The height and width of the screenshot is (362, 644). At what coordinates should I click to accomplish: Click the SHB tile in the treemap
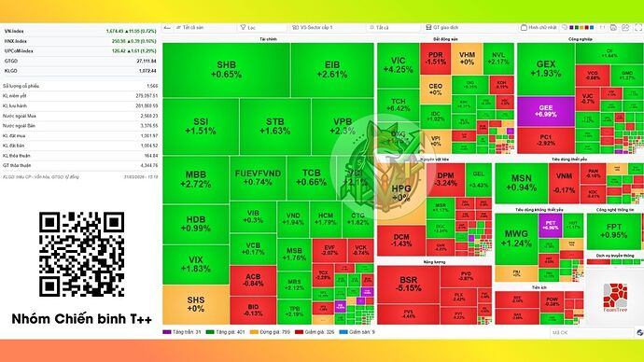227,68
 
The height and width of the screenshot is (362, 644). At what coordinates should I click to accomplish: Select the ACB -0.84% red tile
253,280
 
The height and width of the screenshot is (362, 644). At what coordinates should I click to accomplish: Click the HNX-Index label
15,41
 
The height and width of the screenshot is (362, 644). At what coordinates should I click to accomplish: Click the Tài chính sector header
269,39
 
